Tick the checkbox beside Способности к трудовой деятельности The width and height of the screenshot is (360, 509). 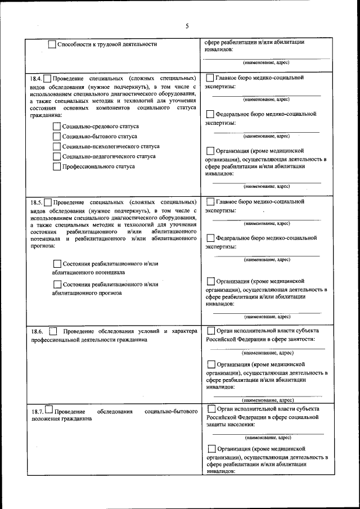tap(52, 44)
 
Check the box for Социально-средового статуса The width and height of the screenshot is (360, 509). tap(57, 127)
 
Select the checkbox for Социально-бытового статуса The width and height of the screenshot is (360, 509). tap(57, 137)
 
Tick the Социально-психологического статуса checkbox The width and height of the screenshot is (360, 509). tap(57, 146)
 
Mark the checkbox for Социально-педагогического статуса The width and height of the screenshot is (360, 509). tap(57, 156)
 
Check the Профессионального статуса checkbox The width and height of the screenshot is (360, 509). tap(57, 166)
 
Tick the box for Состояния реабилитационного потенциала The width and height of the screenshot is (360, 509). tap(57, 264)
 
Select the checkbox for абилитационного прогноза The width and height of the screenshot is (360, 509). tap(57, 285)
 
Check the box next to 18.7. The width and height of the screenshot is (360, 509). tap(48, 410)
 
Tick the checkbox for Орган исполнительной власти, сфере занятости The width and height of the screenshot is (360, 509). tap(211, 331)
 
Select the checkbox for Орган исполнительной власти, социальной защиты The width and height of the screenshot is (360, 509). tap(211, 409)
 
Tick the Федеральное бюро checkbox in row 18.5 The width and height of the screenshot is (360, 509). tap(210, 238)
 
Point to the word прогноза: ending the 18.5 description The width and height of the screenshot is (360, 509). tap(43, 246)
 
